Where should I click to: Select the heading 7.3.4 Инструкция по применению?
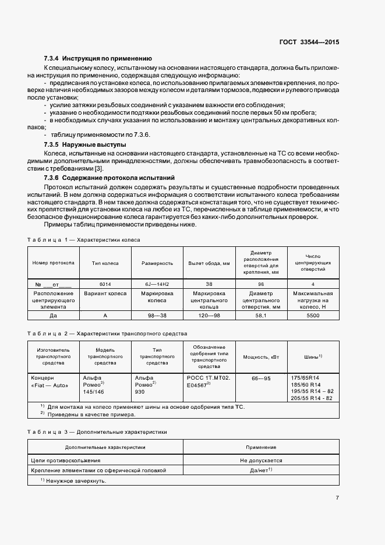98,59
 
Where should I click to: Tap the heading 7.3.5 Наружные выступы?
85,143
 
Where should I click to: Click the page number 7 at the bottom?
337,498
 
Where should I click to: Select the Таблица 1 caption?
83,239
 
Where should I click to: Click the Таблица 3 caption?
97,433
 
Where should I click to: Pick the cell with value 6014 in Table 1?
105,284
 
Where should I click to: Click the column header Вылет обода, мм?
209,263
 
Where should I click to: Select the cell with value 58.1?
260,315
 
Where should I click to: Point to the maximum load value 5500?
313,315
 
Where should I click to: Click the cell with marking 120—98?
209,315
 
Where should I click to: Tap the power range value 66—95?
260,378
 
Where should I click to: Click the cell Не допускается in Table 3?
261,459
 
